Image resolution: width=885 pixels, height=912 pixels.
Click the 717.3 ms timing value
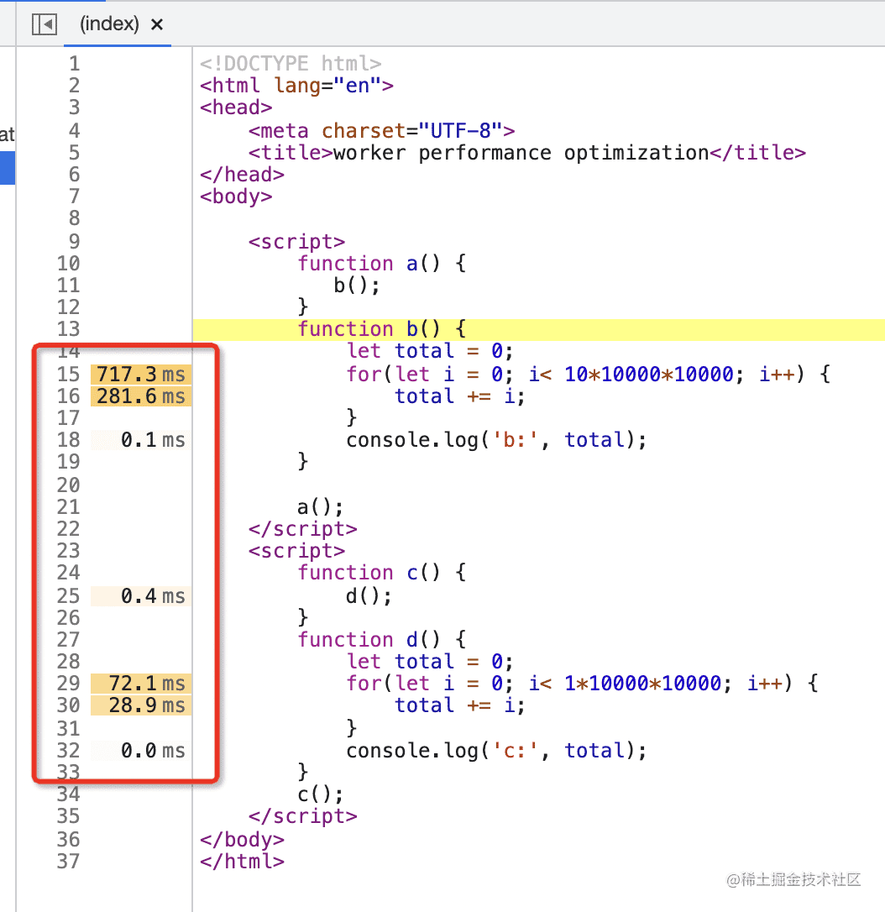tap(141, 374)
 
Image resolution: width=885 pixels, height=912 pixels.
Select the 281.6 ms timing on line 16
tap(141, 396)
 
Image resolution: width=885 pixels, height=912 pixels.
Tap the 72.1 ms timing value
tap(147, 683)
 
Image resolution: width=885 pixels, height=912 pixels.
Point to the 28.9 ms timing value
tap(147, 705)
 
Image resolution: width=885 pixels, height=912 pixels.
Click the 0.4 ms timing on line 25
tap(153, 595)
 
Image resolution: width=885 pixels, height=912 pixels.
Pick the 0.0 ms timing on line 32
tap(153, 750)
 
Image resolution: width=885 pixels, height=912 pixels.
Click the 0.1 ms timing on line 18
tap(153, 440)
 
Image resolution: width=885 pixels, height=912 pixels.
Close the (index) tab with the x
tap(157, 24)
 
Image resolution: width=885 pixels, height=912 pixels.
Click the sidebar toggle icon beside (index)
tap(45, 24)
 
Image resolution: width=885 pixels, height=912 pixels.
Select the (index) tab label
tap(109, 24)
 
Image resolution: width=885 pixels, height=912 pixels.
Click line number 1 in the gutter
tap(75, 63)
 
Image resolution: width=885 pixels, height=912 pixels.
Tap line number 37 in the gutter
tap(69, 861)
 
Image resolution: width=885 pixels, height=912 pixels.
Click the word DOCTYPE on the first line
tap(266, 63)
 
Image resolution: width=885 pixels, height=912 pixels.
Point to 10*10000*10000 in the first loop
tap(648, 374)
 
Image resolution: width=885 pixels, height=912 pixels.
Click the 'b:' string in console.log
tap(516, 440)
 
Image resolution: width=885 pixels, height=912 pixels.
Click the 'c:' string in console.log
tap(516, 750)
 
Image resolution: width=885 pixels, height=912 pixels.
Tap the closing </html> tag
tap(242, 861)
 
